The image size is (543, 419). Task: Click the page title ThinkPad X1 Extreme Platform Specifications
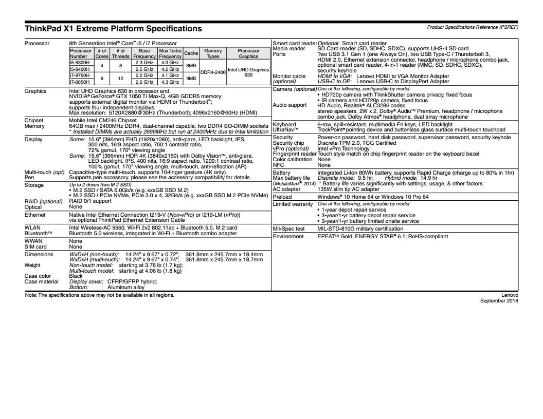point(113,29)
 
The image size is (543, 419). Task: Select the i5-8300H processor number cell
point(80,62)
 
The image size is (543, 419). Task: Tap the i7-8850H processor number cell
point(80,81)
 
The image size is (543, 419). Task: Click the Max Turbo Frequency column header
point(170,53)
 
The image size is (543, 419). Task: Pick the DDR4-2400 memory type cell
point(213,72)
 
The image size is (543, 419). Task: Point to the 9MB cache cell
point(191,78)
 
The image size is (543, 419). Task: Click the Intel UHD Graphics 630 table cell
point(248,72)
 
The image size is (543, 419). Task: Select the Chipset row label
point(34,120)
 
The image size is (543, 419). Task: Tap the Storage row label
point(34,185)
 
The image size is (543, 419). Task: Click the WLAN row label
point(32,227)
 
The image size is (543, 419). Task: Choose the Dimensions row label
point(39,254)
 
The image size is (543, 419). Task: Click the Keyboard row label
point(284,124)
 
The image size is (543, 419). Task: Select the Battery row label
point(282,173)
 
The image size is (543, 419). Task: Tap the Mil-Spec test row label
point(288,228)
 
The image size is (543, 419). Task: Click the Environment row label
point(288,236)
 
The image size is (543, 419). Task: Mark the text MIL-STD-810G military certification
point(360,228)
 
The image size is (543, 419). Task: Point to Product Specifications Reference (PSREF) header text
point(472,27)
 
